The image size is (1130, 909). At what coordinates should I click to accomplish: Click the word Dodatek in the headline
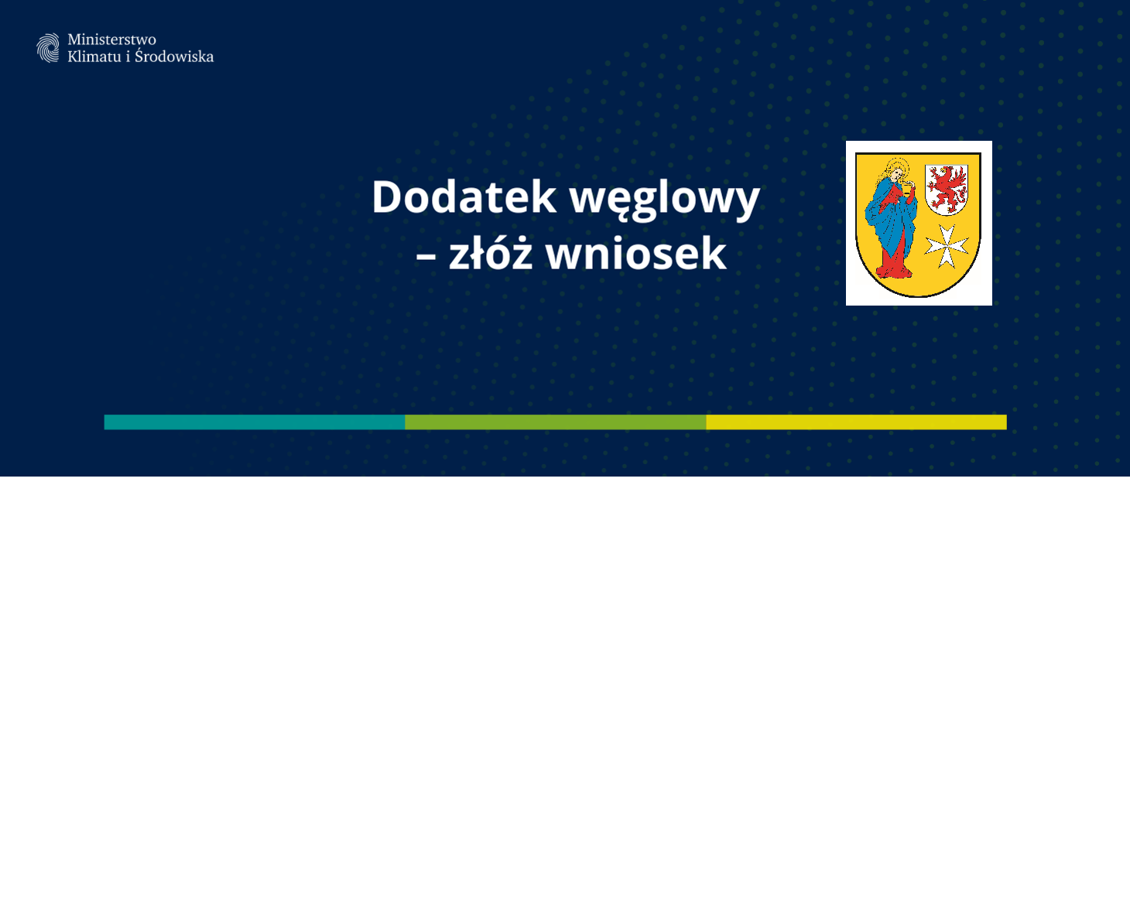(464, 196)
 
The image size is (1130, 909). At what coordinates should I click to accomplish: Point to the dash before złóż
(426, 258)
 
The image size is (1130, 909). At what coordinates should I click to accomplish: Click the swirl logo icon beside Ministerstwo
(48, 48)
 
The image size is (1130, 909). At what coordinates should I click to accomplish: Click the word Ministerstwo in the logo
(112, 39)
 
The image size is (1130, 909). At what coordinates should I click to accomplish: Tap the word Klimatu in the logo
(94, 56)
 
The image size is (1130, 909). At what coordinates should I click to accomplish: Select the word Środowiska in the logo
(174, 56)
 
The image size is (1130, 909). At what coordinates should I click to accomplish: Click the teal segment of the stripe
(255, 422)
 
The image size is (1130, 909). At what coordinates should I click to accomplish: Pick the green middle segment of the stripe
(556, 422)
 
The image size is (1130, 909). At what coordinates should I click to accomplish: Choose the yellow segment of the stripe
(857, 422)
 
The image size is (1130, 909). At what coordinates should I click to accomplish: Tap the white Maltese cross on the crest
(947, 245)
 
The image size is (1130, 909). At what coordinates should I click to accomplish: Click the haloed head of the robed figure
(895, 169)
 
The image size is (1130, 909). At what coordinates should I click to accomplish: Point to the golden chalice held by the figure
(908, 189)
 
